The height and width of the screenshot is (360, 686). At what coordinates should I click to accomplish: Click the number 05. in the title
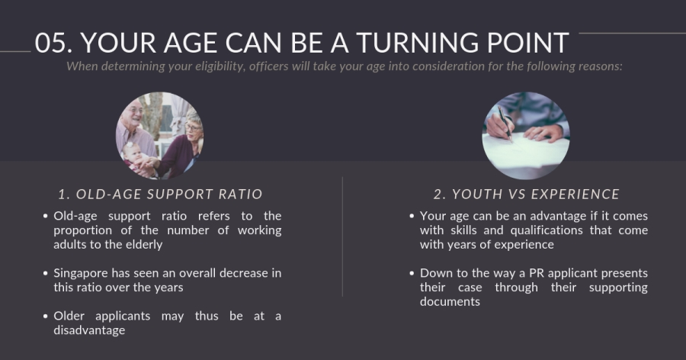(x=54, y=43)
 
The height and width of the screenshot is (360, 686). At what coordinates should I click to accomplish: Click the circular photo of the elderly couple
(x=159, y=135)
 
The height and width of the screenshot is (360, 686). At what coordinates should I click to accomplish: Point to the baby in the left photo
(x=134, y=158)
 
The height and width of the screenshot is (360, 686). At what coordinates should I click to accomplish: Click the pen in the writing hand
(x=505, y=124)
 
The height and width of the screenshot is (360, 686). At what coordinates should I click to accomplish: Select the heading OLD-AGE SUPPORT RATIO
(x=161, y=194)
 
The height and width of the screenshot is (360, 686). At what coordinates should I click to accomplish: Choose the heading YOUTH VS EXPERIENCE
(x=527, y=194)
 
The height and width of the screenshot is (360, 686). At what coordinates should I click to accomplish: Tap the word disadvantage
(x=89, y=331)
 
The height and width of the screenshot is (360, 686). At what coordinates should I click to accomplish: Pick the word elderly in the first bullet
(x=144, y=245)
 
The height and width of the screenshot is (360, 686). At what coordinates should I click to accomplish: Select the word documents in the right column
(x=450, y=302)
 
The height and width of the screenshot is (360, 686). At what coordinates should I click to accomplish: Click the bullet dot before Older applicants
(x=46, y=317)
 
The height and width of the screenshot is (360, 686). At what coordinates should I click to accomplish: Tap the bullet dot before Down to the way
(x=412, y=273)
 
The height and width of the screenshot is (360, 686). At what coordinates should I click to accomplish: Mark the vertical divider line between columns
(x=342, y=237)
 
